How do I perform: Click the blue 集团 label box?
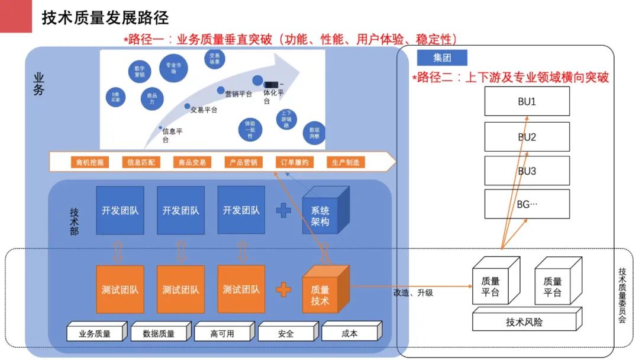coord(442,57)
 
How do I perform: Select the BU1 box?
coord(527,101)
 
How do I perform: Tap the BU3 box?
coord(527,171)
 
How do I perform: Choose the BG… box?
coord(527,204)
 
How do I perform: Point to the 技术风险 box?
coord(524,322)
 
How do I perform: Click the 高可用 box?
coord(222,333)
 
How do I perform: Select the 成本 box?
coord(350,333)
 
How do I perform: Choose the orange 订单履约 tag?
coord(293,162)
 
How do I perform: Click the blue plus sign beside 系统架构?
coord(283,210)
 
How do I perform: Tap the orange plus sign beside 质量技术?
coord(283,289)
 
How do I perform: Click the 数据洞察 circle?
coord(314,132)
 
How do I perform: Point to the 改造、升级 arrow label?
coord(413,292)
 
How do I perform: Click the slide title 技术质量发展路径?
coord(105,18)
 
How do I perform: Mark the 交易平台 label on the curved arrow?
coord(204,110)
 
